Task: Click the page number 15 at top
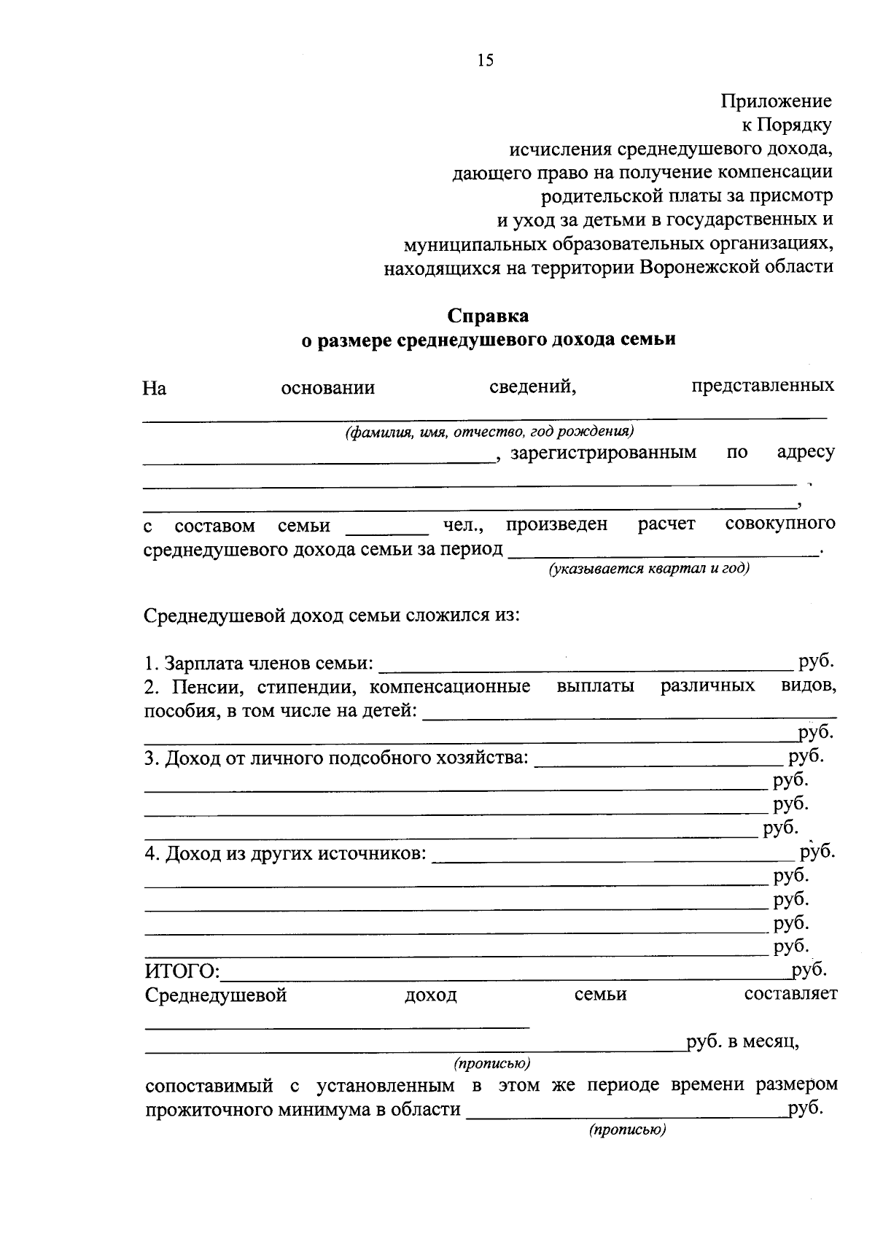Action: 486,61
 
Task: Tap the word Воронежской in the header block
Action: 699,267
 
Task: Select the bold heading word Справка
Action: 488,316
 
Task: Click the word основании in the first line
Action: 328,388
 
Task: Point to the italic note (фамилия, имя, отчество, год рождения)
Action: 489,431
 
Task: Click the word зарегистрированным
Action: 603,453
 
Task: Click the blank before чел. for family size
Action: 387,532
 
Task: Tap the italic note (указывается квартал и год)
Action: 649,569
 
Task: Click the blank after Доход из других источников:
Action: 612,858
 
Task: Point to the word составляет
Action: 790,994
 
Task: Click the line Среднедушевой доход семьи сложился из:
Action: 332,615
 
